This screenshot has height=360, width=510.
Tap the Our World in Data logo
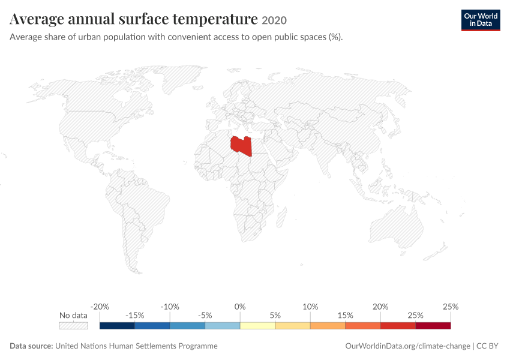pyautogui.click(x=481, y=20)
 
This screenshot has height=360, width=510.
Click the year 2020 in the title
pyautogui.click(x=274, y=20)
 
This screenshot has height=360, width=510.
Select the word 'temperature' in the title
pyautogui.click(x=215, y=19)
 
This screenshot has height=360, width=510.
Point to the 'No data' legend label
pyautogui.click(x=73, y=315)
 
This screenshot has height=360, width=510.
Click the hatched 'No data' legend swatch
pyautogui.click(x=73, y=326)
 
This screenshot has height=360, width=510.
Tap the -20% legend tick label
pyautogui.click(x=100, y=307)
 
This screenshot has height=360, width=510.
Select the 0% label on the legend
pyautogui.click(x=240, y=307)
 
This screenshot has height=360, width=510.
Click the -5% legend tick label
pyautogui.click(x=205, y=315)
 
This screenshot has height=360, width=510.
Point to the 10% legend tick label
pyautogui.click(x=310, y=307)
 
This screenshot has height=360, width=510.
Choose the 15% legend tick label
pyautogui.click(x=346, y=315)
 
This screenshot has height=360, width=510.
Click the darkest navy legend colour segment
pyautogui.click(x=117, y=326)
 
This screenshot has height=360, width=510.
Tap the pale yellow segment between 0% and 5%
pyautogui.click(x=257, y=326)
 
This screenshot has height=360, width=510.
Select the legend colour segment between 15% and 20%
pyautogui.click(x=363, y=326)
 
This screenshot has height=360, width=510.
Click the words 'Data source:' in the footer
pyautogui.click(x=31, y=346)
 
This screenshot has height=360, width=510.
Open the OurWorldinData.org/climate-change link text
pyautogui.click(x=407, y=346)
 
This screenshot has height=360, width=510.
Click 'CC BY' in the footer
pyautogui.click(x=487, y=346)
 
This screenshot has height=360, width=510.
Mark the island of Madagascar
pyautogui.click(x=281, y=217)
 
